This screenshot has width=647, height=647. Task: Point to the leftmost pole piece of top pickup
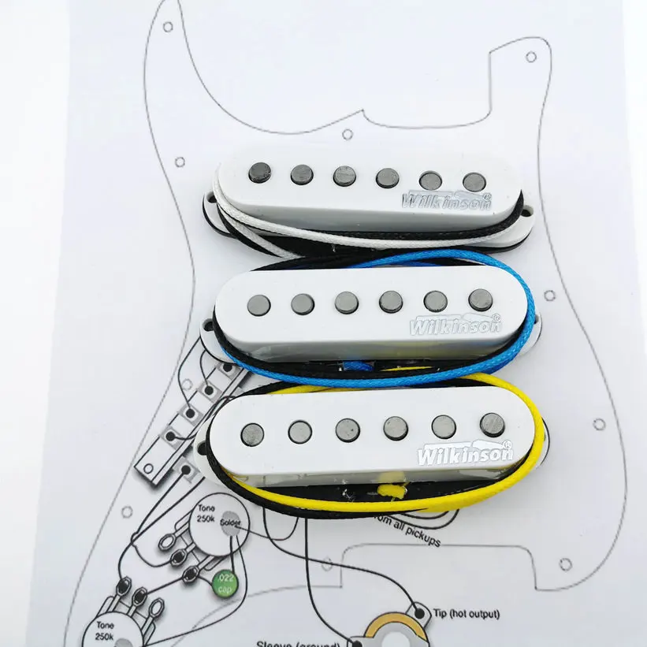coord(258,171)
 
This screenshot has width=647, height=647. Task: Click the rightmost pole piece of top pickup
coord(474,182)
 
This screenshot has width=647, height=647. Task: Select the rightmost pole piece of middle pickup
coord(480,299)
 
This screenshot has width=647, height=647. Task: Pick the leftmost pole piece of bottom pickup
coord(252,433)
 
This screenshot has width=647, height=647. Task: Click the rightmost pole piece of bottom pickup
coord(493,423)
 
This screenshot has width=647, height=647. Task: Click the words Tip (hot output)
coord(465,614)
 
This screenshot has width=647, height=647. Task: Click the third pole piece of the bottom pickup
coord(348,429)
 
